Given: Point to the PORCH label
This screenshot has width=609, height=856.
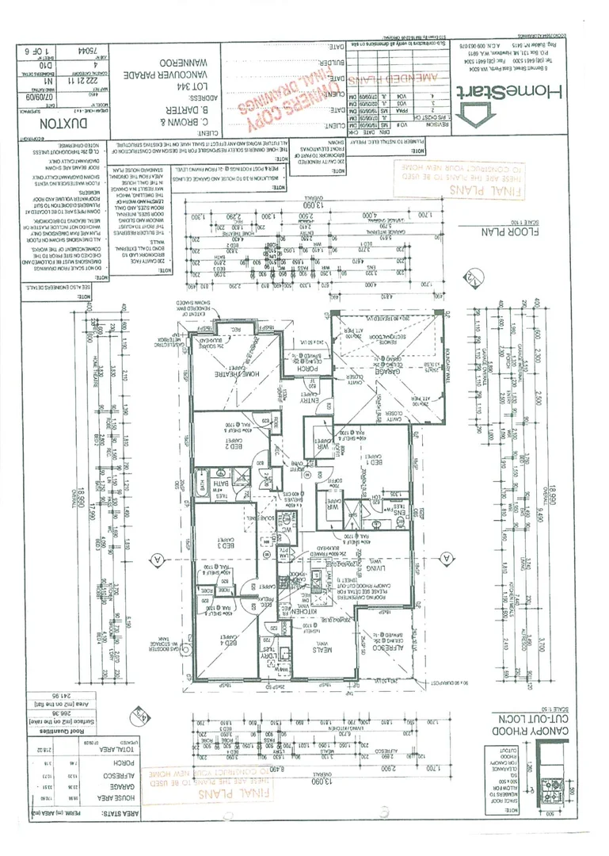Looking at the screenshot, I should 306,369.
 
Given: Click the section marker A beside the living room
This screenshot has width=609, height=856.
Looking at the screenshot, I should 444,559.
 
